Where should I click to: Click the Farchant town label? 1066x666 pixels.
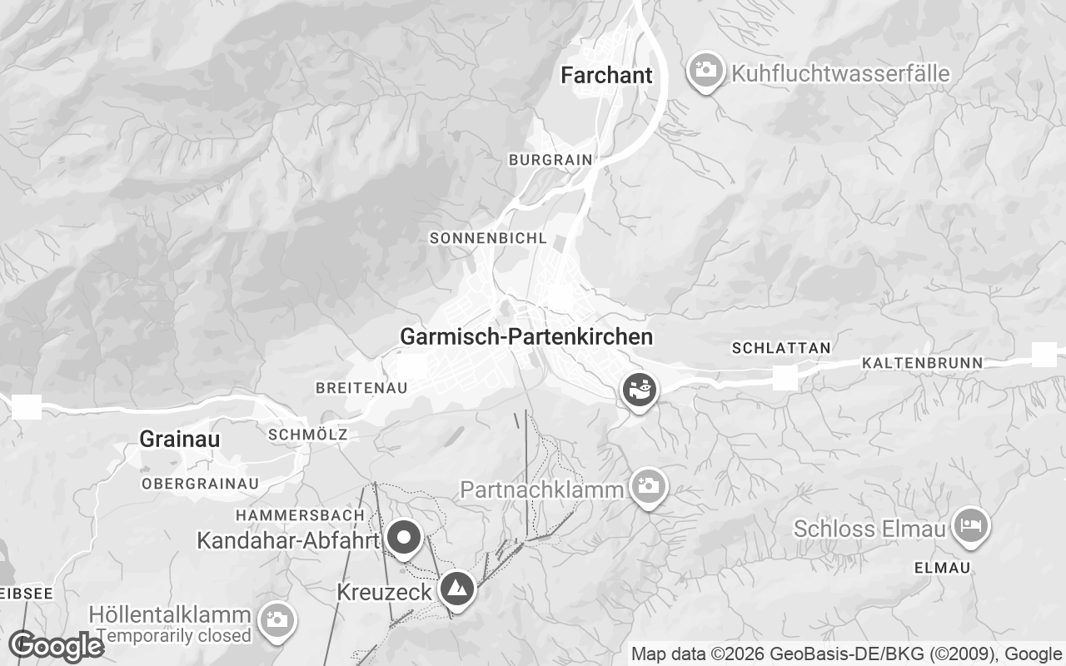606,75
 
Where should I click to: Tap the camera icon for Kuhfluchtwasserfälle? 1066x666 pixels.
705,70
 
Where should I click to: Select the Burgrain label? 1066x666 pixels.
550,159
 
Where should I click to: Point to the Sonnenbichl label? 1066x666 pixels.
488,238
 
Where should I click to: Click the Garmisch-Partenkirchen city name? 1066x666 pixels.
526,336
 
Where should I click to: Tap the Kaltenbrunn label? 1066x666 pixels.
922,363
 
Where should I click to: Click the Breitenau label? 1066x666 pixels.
361,388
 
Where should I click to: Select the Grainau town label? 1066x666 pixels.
180,439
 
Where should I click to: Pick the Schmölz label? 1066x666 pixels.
308,435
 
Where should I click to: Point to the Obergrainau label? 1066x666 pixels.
200,483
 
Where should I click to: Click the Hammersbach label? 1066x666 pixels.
300,515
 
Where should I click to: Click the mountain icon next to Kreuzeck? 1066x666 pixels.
456,589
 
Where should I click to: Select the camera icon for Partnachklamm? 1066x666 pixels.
648,486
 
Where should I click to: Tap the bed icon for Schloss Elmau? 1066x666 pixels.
970,525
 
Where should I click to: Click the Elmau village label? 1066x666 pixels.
942,568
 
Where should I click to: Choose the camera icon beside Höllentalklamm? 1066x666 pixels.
276,619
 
